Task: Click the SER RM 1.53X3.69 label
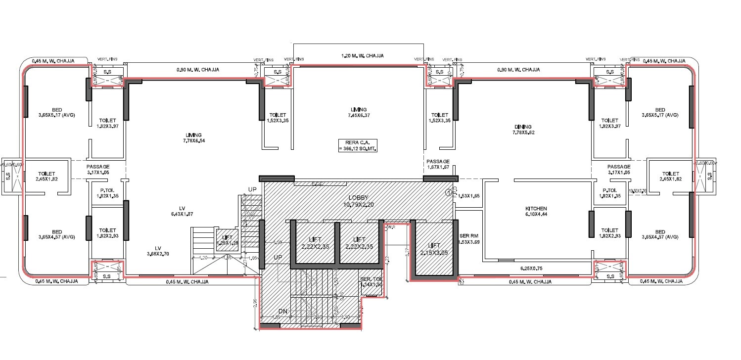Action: [466, 239]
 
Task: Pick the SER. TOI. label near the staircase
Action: [371, 282]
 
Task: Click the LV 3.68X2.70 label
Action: [158, 251]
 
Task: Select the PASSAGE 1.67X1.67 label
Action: [438, 165]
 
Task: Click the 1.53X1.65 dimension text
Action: [469, 196]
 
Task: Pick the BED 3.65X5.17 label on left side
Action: [57, 112]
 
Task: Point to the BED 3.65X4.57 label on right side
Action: [660, 235]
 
